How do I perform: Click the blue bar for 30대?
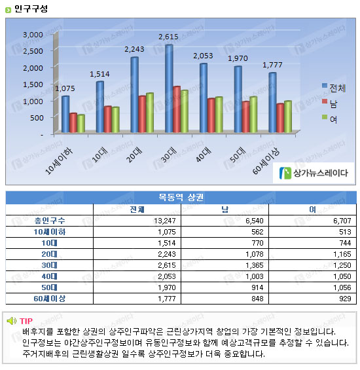[x=169, y=88]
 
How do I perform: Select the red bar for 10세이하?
[x=73, y=122]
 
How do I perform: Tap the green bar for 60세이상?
[x=288, y=117]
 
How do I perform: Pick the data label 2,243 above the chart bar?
[x=134, y=49]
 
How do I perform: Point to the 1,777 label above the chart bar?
[x=272, y=65]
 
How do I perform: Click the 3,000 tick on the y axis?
[x=33, y=35]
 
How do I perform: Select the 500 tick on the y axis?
[x=37, y=118]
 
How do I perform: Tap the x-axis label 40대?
[x=204, y=155]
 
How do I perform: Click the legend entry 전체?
[x=334, y=88]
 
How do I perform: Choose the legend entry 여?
[x=330, y=119]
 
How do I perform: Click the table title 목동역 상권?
[x=181, y=197]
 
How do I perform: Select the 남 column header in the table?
[x=225, y=210]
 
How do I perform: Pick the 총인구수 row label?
[x=50, y=221]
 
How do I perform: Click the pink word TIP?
[x=26, y=321]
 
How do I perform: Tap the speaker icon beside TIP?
[x=12, y=321]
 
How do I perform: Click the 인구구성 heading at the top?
[x=31, y=9]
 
